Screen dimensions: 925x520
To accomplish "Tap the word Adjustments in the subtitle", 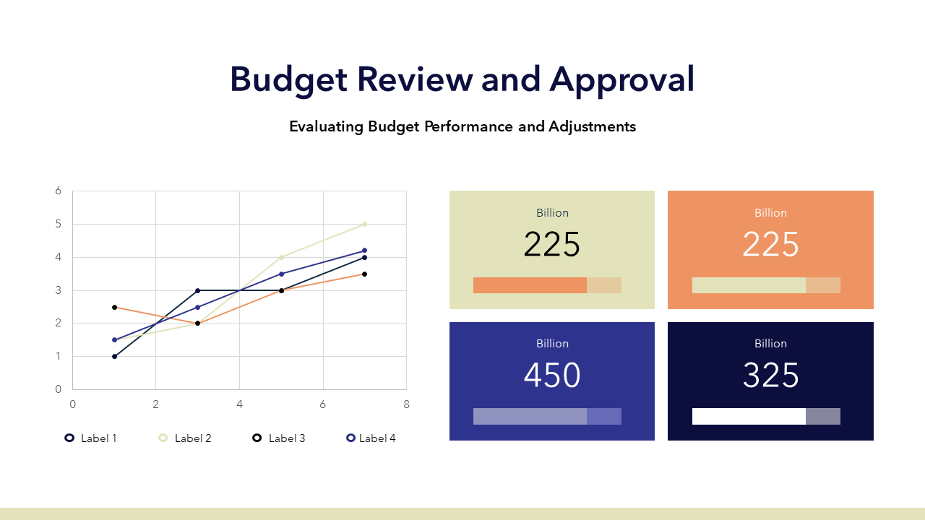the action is point(592,126).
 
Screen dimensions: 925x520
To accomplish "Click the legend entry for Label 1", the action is point(91,438).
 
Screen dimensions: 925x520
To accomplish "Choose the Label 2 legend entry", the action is point(185,438).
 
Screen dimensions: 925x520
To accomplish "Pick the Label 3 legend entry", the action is point(279,438).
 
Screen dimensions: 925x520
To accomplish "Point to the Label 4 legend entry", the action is point(371,438).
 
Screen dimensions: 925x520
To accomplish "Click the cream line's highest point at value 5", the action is point(364,225).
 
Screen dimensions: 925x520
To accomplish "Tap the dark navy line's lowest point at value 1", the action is point(114,357).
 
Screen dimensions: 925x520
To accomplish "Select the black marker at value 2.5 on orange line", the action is point(114,308).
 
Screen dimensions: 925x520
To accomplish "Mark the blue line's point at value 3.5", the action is point(281,274).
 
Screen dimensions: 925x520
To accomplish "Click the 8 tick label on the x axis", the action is point(406,404).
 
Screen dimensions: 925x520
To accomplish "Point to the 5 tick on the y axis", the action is point(59,224).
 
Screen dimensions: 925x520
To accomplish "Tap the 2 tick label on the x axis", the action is point(155,404).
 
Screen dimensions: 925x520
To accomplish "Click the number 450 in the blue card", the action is point(552,375).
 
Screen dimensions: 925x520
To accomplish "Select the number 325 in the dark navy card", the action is point(770,375).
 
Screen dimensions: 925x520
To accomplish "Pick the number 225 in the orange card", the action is point(770,244).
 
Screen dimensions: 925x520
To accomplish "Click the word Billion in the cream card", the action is point(552,213).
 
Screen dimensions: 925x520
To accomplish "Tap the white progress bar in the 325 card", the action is point(749,417).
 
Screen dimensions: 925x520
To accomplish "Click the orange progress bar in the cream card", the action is point(530,285).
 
